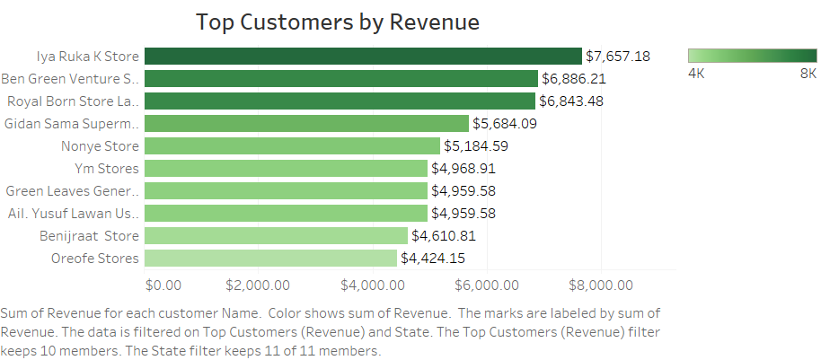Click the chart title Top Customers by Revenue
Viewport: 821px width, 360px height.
tap(337, 22)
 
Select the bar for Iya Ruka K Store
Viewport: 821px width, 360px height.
tap(363, 56)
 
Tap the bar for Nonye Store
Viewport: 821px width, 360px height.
tap(292, 145)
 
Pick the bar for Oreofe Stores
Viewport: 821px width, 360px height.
tap(270, 258)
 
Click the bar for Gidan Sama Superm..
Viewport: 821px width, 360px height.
tap(306, 123)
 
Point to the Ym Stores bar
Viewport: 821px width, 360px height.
tap(286, 168)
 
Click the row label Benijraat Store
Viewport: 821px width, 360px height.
tap(90, 236)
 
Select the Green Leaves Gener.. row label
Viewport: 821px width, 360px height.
tap(73, 190)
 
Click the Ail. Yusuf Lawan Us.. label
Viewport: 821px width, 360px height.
tap(73, 213)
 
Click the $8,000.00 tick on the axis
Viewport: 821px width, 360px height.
tap(600, 285)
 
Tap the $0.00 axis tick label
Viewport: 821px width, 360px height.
tap(163, 285)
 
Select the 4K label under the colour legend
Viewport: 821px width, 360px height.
tap(696, 73)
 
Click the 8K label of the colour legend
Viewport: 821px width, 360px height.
tap(808, 73)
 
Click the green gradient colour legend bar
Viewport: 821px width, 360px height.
tap(752, 55)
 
